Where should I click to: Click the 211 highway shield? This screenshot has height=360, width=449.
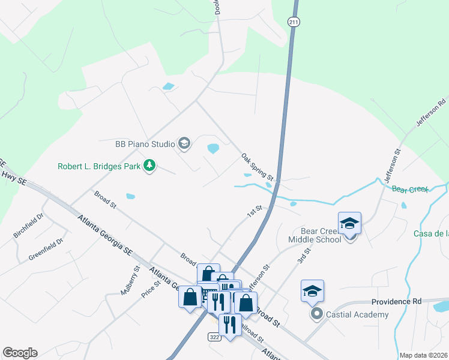click(x=293, y=22)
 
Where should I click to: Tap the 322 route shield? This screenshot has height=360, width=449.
click(x=215, y=337)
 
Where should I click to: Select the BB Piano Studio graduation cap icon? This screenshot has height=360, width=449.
click(x=184, y=143)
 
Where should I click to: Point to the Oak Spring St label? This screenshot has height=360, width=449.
click(x=258, y=167)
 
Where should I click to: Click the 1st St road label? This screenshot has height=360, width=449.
click(x=256, y=211)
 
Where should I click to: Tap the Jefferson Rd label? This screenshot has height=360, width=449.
click(x=431, y=112)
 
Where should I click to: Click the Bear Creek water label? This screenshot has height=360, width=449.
click(x=409, y=189)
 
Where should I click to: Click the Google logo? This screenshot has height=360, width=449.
click(x=20, y=353)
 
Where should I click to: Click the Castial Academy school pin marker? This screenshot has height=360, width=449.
click(x=312, y=292)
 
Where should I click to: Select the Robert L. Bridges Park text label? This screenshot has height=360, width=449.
click(x=100, y=166)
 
